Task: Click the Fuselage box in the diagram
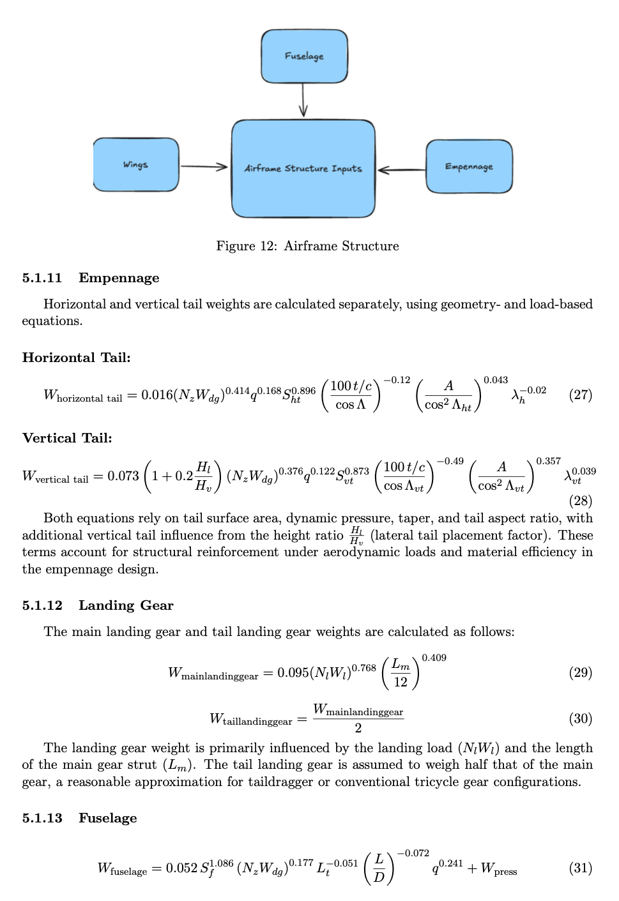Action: pyautogui.click(x=304, y=56)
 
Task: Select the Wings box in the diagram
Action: pyautogui.click(x=136, y=165)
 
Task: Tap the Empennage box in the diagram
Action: pyautogui.click(x=469, y=167)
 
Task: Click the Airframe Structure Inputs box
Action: pyautogui.click(x=303, y=169)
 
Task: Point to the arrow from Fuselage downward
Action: pyautogui.click(x=303, y=100)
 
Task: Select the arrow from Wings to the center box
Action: pyautogui.click(x=204, y=167)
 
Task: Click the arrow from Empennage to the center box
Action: pyautogui.click(x=401, y=170)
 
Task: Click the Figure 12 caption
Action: pyautogui.click(x=307, y=246)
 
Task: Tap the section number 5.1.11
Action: pyautogui.click(x=42, y=278)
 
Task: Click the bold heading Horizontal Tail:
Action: pyautogui.click(x=76, y=358)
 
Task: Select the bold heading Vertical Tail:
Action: pyautogui.click(x=67, y=438)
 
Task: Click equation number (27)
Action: pyautogui.click(x=580, y=395)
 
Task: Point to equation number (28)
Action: pyautogui.click(x=580, y=501)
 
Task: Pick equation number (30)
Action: pyautogui.click(x=580, y=718)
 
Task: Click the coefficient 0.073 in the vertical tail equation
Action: pyautogui.click(x=123, y=476)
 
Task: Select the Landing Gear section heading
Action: pyautogui.click(x=126, y=605)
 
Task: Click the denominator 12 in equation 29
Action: pyautogui.click(x=401, y=682)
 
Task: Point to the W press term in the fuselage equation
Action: pyautogui.click(x=499, y=868)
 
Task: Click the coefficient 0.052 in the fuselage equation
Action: pyautogui.click(x=181, y=868)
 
